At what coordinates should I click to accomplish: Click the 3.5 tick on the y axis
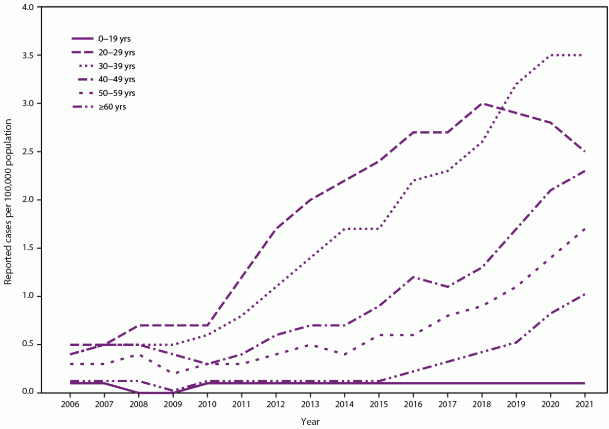point(27,55)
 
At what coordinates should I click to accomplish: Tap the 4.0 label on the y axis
point(27,7)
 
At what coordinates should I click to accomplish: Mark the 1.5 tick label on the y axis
point(27,248)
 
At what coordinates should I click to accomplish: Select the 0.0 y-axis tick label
point(27,392)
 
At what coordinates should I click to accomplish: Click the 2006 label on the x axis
point(70,404)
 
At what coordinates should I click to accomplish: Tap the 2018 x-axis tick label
point(482,404)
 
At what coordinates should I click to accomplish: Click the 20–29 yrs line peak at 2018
point(482,103)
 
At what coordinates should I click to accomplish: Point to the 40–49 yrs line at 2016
point(413,276)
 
